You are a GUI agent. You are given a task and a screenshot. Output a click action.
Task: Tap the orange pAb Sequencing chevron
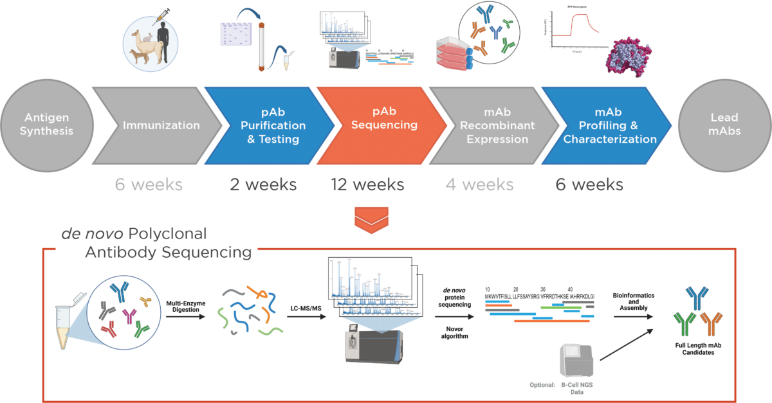(x=384, y=125)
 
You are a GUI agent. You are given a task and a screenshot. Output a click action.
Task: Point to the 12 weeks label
(x=367, y=185)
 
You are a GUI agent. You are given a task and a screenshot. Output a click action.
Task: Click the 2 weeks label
(x=263, y=185)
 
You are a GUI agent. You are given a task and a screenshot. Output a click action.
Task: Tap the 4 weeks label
(x=479, y=185)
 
